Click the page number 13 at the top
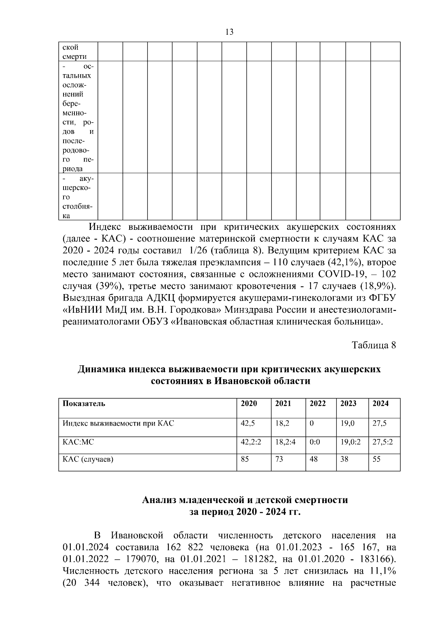click(x=230, y=32)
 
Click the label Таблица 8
click(x=374, y=345)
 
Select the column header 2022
click(x=318, y=404)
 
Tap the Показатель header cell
click(x=84, y=404)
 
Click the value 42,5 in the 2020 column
click(x=248, y=423)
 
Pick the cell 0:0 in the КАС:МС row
click(x=315, y=442)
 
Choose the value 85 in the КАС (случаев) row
click(x=245, y=459)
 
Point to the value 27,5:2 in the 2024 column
click(x=383, y=442)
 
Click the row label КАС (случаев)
click(x=88, y=459)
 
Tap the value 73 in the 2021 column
click(x=279, y=459)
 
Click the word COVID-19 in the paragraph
click(x=339, y=274)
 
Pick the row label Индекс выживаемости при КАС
click(x=118, y=423)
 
